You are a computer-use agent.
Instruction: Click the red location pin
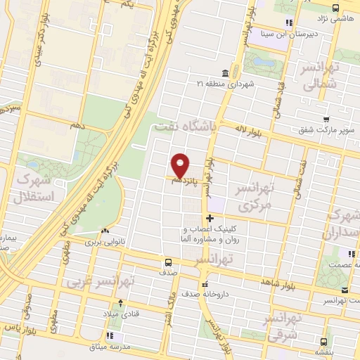point(181,165)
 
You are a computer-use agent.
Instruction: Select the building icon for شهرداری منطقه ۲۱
point(224,73)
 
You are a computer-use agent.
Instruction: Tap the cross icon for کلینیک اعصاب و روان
point(209,219)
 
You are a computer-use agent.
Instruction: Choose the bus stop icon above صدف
point(167,262)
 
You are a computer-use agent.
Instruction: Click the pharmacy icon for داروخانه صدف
point(205,284)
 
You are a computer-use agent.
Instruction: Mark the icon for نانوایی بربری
point(104,231)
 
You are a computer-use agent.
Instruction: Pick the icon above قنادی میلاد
point(122,303)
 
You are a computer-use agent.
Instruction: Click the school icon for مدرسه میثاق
point(110,336)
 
